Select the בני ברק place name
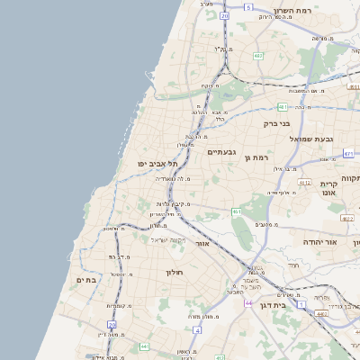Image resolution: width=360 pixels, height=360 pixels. tap(276, 123)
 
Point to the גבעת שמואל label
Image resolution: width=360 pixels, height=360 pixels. tap(311, 139)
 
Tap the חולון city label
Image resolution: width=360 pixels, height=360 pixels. tap(174, 272)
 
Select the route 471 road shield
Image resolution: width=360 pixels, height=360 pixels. tap(348, 154)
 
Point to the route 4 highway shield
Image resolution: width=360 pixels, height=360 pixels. tap(197, 330)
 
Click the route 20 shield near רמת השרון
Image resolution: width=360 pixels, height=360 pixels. tap(224, 15)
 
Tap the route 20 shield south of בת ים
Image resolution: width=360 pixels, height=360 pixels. tap(112, 324)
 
